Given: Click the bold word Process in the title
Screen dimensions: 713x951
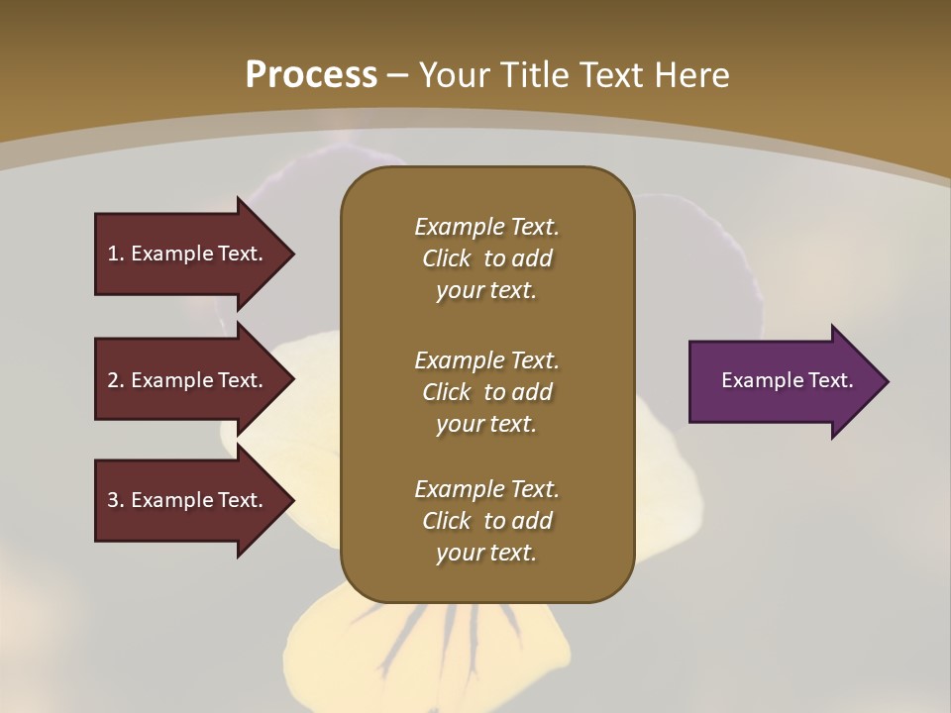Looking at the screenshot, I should (311, 75).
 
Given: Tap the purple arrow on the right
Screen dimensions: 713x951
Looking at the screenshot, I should (783, 381).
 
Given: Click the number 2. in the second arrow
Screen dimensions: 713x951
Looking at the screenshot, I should (115, 380).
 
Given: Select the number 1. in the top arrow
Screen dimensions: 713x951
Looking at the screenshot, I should (115, 254).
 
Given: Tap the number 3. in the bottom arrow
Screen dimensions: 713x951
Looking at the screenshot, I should (115, 500).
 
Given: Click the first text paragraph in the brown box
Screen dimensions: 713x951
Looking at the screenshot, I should (486, 258).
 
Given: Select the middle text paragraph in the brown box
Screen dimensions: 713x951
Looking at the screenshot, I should (486, 392).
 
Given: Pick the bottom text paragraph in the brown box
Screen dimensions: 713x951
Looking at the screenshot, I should (486, 521).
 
